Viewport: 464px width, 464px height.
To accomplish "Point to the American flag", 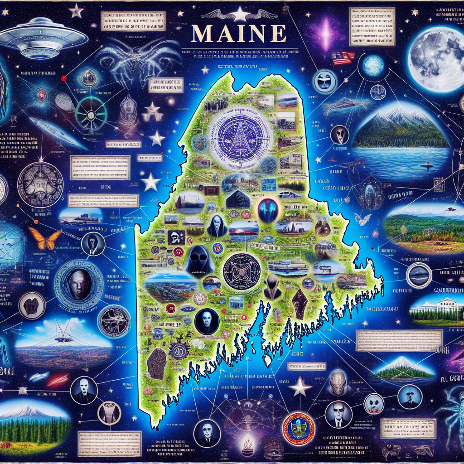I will [343, 58].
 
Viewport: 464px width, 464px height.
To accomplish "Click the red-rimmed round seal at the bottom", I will [297, 428].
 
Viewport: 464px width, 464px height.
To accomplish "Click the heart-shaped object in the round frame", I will [32, 305].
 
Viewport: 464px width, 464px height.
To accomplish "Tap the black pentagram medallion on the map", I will [242, 271].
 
